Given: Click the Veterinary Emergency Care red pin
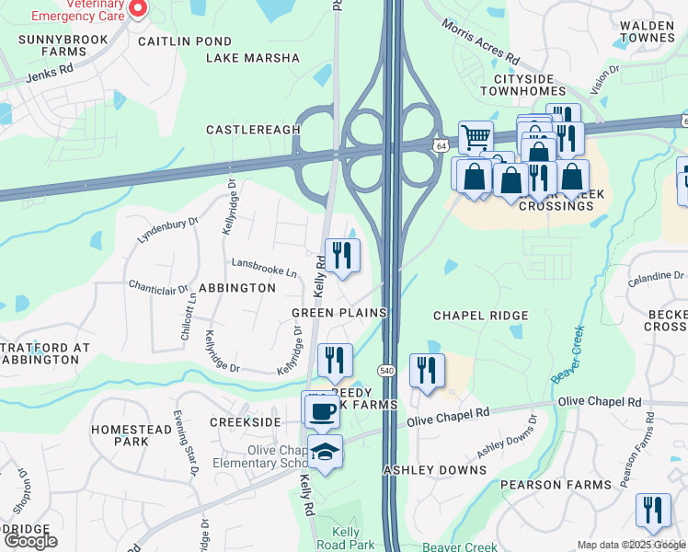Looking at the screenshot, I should pos(138,8).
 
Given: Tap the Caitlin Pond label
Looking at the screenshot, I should pos(185,41).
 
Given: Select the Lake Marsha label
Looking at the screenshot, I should pos(253,58).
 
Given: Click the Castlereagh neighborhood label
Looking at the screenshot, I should pos(247,130).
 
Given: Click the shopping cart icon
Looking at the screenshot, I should pos(475,138).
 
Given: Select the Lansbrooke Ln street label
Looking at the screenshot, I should pos(264,273).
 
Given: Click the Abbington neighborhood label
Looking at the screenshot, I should pos(236,288).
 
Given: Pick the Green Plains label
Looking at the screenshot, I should pos(338,313).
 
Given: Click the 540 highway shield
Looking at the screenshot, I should pos(386,370).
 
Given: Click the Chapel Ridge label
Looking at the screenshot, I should pos(481,316).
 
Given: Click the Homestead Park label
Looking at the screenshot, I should pos(119,435).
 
